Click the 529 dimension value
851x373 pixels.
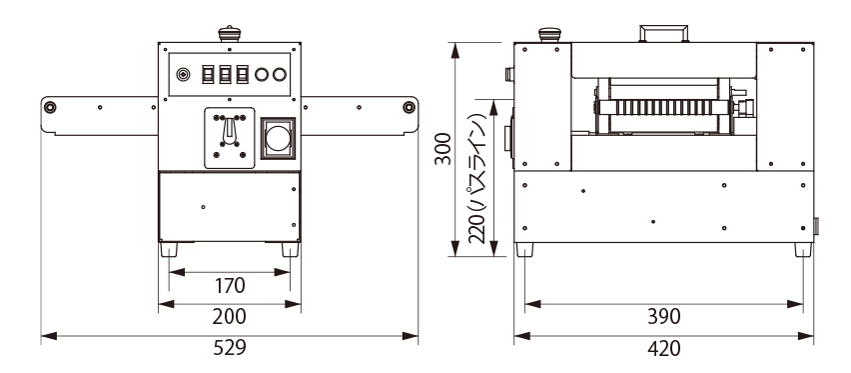[x=229, y=347]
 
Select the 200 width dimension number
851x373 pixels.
[x=229, y=316]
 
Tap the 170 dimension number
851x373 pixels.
[x=230, y=285]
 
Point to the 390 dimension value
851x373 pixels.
[x=664, y=316]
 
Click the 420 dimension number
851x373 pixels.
[x=664, y=348]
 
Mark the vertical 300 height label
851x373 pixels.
[x=443, y=148]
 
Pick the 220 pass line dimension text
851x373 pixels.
[x=476, y=178]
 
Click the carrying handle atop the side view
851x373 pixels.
[x=664, y=33]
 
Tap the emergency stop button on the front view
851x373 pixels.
[x=229, y=34]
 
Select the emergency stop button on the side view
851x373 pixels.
[x=549, y=35]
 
